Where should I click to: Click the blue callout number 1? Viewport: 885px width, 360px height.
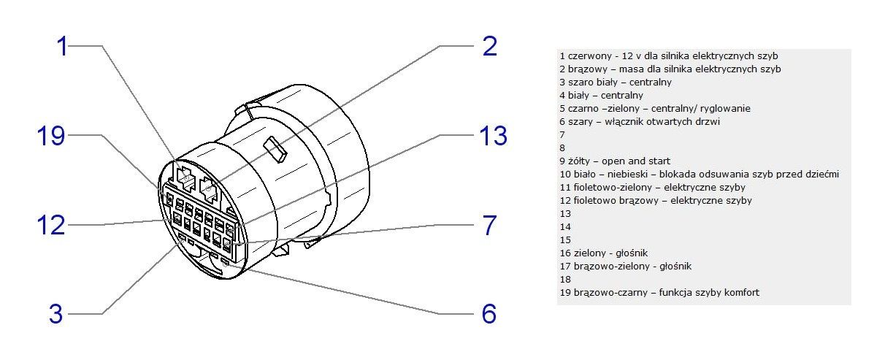[64, 46]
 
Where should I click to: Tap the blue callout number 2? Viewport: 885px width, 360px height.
[490, 46]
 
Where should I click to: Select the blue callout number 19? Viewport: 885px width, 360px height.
[51, 136]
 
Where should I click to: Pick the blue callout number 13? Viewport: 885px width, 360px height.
[492, 136]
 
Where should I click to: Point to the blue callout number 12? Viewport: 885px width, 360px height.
[51, 225]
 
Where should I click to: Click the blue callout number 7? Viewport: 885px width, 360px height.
[490, 225]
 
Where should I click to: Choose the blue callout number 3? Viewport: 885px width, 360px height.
[56, 315]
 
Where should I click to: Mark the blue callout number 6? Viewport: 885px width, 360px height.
[489, 315]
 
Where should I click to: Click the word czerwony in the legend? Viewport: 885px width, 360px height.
[586, 55]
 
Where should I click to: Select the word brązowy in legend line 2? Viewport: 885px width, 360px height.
[585, 69]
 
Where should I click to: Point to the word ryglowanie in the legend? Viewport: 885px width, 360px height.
[726, 108]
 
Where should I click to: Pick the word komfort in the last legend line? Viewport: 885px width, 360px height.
[740, 292]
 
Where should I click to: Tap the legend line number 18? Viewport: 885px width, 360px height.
[564, 279]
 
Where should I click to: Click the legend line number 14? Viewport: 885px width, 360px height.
[564, 226]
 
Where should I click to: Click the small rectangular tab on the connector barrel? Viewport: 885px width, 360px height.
[277, 148]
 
